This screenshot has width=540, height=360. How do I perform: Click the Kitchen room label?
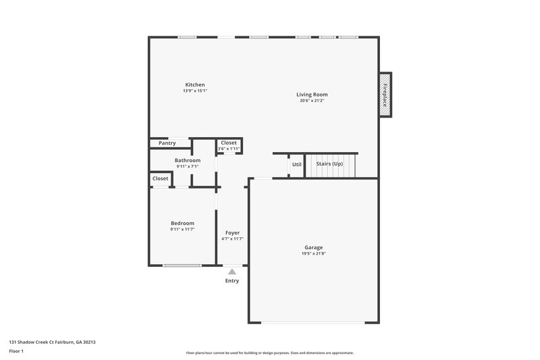click(194, 84)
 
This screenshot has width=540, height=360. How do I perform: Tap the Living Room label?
click(311, 95)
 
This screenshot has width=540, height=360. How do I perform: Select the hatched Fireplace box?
click(385, 95)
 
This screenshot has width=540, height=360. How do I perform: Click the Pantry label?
click(167, 143)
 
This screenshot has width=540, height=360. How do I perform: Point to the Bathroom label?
click(188, 160)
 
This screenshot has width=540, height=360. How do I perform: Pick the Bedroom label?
click(182, 223)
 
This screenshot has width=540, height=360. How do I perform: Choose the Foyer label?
click(232, 232)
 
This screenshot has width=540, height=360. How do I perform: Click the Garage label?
click(313, 248)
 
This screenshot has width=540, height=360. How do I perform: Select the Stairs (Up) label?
click(329, 164)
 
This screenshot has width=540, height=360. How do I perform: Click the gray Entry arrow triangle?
click(232, 272)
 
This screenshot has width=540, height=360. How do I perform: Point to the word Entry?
click(232, 281)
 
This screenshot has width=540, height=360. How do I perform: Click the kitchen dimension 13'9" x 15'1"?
click(194, 91)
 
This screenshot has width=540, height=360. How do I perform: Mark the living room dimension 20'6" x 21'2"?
click(311, 101)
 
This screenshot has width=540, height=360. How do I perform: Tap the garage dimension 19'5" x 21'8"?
click(313, 255)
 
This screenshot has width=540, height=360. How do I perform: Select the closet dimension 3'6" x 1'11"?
click(229, 149)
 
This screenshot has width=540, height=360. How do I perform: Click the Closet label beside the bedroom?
click(161, 178)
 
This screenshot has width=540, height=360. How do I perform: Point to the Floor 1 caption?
click(16, 352)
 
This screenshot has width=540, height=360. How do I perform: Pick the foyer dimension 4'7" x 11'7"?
click(232, 238)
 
